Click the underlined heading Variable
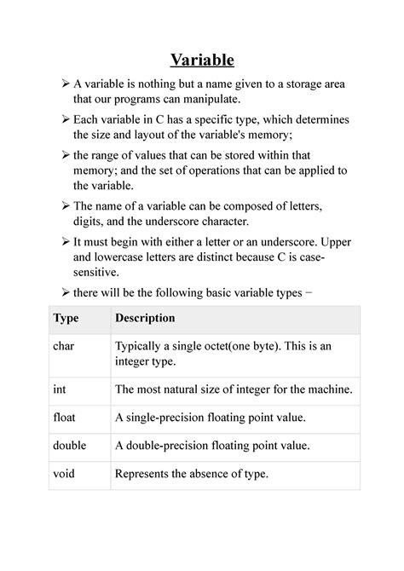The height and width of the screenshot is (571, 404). click(202, 60)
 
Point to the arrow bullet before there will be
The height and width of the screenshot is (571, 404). click(66, 294)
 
